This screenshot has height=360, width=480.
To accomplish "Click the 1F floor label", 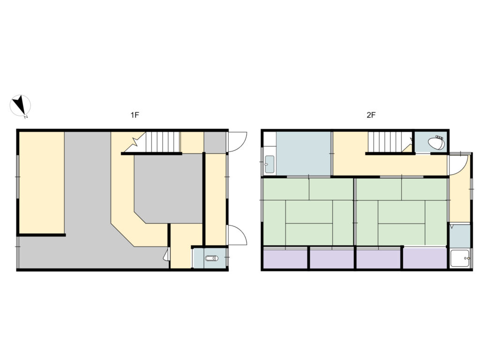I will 135,115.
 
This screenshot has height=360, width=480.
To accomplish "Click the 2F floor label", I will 371,115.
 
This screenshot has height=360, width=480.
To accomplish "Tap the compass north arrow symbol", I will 20,105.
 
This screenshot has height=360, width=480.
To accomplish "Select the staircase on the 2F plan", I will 384,142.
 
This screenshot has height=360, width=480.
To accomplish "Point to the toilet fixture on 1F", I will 210,258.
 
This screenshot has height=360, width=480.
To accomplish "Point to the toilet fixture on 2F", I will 436,142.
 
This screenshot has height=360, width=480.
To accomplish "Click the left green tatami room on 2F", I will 308,211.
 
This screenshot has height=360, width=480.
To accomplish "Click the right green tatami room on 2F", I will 401,211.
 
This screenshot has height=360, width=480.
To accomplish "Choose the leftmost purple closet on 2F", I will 285,258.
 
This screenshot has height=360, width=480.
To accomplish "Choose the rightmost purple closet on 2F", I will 425,258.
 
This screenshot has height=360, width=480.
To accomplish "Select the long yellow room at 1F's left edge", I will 41,182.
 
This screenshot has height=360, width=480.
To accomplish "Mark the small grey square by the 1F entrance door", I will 215,142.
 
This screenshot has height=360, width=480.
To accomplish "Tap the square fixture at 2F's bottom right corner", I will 460,258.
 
